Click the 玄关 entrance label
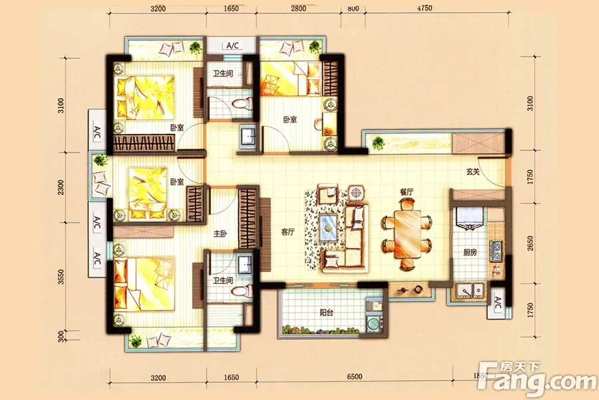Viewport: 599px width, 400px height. coord(473,172)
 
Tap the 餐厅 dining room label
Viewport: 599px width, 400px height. coord(407,192)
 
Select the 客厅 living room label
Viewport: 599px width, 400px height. coord(288,231)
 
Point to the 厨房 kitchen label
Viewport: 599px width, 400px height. coord(470,252)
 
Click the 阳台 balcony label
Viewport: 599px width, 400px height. coord(326,313)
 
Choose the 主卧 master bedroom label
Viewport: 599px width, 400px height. coord(220,233)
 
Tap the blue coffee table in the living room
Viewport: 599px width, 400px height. coord(327,228)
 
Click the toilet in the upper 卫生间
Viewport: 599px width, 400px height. coord(242,103)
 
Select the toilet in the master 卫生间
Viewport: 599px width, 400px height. coord(242,291)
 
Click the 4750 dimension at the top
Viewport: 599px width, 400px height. coord(425,8)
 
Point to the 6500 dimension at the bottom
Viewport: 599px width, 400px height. coord(355,377)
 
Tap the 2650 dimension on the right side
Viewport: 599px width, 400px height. coord(530,243)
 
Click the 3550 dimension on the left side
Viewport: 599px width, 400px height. coord(61,277)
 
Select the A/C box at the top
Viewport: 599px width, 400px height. coord(232,45)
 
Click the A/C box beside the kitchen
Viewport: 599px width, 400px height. coord(498,303)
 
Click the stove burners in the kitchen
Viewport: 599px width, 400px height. coord(495,251)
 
